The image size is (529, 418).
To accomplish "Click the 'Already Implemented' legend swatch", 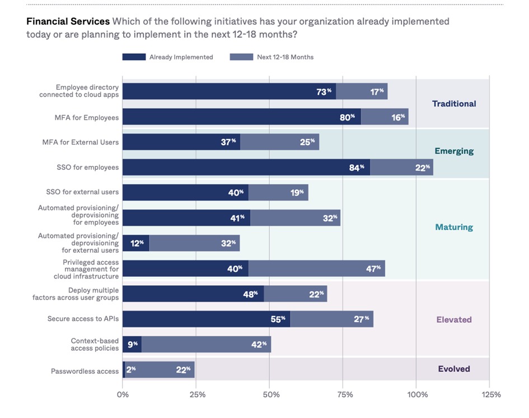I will click(x=134, y=57).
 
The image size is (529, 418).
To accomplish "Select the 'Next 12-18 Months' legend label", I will click(x=285, y=57).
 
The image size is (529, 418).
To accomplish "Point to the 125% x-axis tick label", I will click(x=491, y=394).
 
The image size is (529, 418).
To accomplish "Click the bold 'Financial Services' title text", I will click(x=68, y=22).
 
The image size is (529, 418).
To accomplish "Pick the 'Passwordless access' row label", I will click(x=85, y=371).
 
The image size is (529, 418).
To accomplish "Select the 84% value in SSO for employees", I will click(x=357, y=167).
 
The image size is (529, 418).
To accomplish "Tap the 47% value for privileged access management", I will click(x=373, y=268).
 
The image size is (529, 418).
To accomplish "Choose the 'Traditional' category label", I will click(x=454, y=104).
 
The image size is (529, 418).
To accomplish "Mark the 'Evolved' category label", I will click(x=454, y=369).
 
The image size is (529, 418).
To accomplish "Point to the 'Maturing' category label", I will click(x=454, y=227).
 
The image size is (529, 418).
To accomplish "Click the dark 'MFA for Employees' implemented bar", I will click(x=241, y=117).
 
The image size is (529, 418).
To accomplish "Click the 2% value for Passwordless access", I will click(x=131, y=369).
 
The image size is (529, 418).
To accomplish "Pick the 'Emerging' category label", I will click(x=454, y=151).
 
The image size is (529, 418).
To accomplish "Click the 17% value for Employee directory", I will click(x=377, y=91).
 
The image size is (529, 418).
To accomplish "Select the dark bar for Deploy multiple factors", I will click(x=193, y=294).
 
